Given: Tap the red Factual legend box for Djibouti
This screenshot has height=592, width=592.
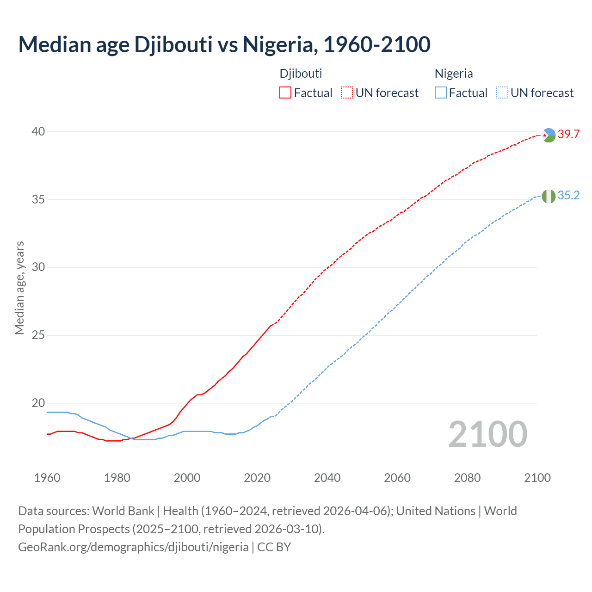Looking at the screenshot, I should (x=285, y=93).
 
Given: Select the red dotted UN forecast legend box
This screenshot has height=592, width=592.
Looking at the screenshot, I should (x=347, y=93).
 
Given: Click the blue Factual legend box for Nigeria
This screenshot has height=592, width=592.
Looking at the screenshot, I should (x=441, y=93).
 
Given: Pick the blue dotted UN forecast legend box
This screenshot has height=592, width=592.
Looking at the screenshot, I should (x=502, y=93).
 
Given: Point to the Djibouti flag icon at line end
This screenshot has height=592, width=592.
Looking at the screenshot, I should (x=549, y=135).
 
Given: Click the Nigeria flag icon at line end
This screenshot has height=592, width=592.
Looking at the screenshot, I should (x=549, y=196).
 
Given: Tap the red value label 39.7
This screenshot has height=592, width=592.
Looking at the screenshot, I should (x=568, y=135).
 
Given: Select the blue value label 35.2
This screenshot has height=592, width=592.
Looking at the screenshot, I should (x=568, y=196).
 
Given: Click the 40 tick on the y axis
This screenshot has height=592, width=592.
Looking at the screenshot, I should (x=38, y=132).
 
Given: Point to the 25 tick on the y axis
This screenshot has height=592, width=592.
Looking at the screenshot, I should (x=38, y=335).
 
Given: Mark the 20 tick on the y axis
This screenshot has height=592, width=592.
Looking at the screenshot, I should (x=38, y=403).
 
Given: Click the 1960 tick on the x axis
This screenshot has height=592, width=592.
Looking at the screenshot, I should (x=47, y=478).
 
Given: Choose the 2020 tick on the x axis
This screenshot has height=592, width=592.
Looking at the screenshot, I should (x=257, y=478).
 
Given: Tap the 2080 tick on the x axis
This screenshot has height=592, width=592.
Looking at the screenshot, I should (x=467, y=478).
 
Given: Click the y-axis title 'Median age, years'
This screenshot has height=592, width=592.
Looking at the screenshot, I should (x=19, y=288).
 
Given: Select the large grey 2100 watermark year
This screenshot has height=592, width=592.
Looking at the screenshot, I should (x=487, y=434).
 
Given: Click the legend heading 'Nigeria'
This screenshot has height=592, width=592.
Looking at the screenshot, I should (x=454, y=74).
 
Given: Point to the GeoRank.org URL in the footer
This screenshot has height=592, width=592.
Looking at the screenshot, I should (x=133, y=547).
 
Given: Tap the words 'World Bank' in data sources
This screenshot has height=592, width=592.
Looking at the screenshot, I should (x=123, y=511).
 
